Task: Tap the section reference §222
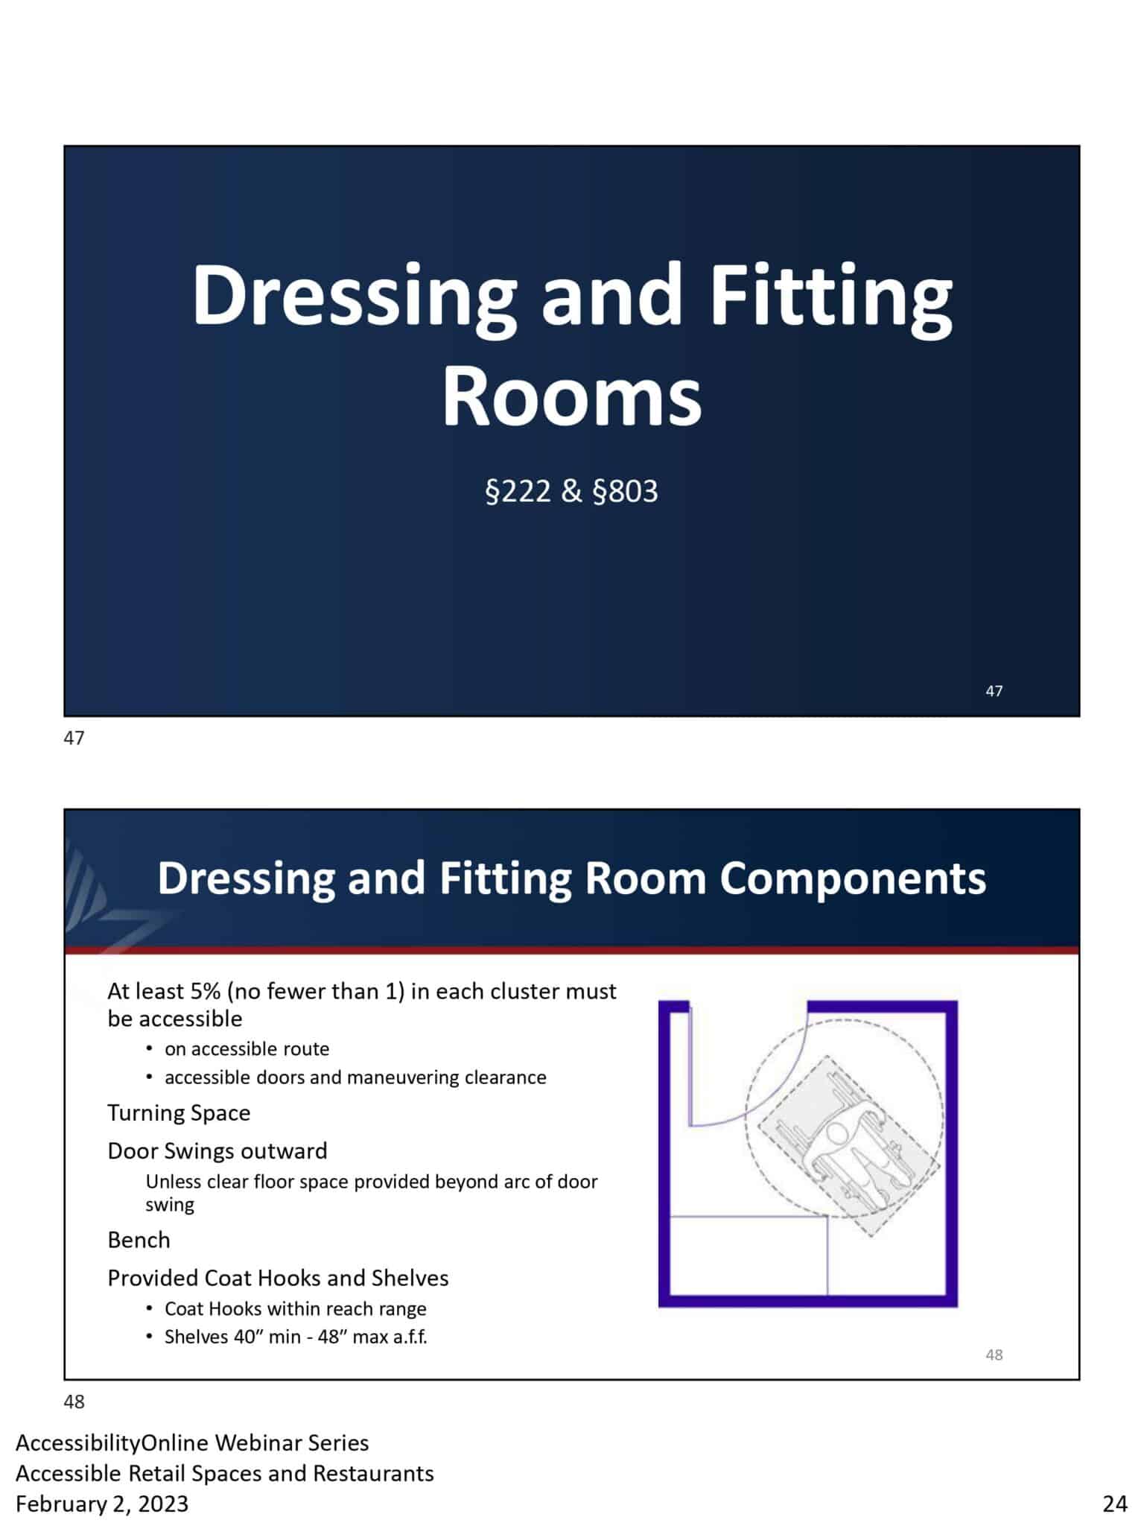518,492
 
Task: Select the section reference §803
625,492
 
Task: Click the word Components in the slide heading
852,878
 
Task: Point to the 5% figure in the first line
205,992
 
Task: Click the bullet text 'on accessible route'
247,1049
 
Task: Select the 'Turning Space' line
179,1112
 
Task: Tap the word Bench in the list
139,1240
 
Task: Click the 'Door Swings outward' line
217,1150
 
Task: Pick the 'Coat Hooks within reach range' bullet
295,1308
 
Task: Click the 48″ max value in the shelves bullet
352,1337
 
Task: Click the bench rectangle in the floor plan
749,1256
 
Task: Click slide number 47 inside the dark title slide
994,691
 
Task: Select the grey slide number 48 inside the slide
994,1355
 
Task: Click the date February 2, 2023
102,1504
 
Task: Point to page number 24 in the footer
1114,1504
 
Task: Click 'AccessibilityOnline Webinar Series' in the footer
192,1443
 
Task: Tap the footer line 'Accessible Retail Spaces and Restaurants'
224,1473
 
